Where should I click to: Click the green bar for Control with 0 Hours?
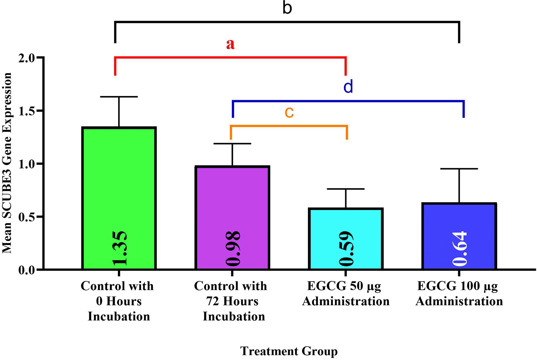[119, 198]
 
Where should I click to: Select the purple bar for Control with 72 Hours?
[232, 217]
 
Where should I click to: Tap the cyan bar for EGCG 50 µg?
[346, 239]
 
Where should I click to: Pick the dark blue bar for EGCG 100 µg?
[459, 236]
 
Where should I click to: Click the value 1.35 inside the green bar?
[119, 248]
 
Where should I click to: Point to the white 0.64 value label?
[459, 248]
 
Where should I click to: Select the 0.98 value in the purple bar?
[233, 248]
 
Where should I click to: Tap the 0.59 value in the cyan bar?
[346, 248]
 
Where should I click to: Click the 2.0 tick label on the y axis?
[27, 58]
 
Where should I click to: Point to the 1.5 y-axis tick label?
[27, 111]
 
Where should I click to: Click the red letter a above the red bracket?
[230, 44]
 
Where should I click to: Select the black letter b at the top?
[287, 8]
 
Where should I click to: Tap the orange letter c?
[289, 112]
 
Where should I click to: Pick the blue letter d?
[348, 86]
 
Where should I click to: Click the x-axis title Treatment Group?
[289, 351]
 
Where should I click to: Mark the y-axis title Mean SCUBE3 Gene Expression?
[7, 163]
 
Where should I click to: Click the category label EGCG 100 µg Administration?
[459, 293]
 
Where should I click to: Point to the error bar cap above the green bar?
[119, 96]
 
